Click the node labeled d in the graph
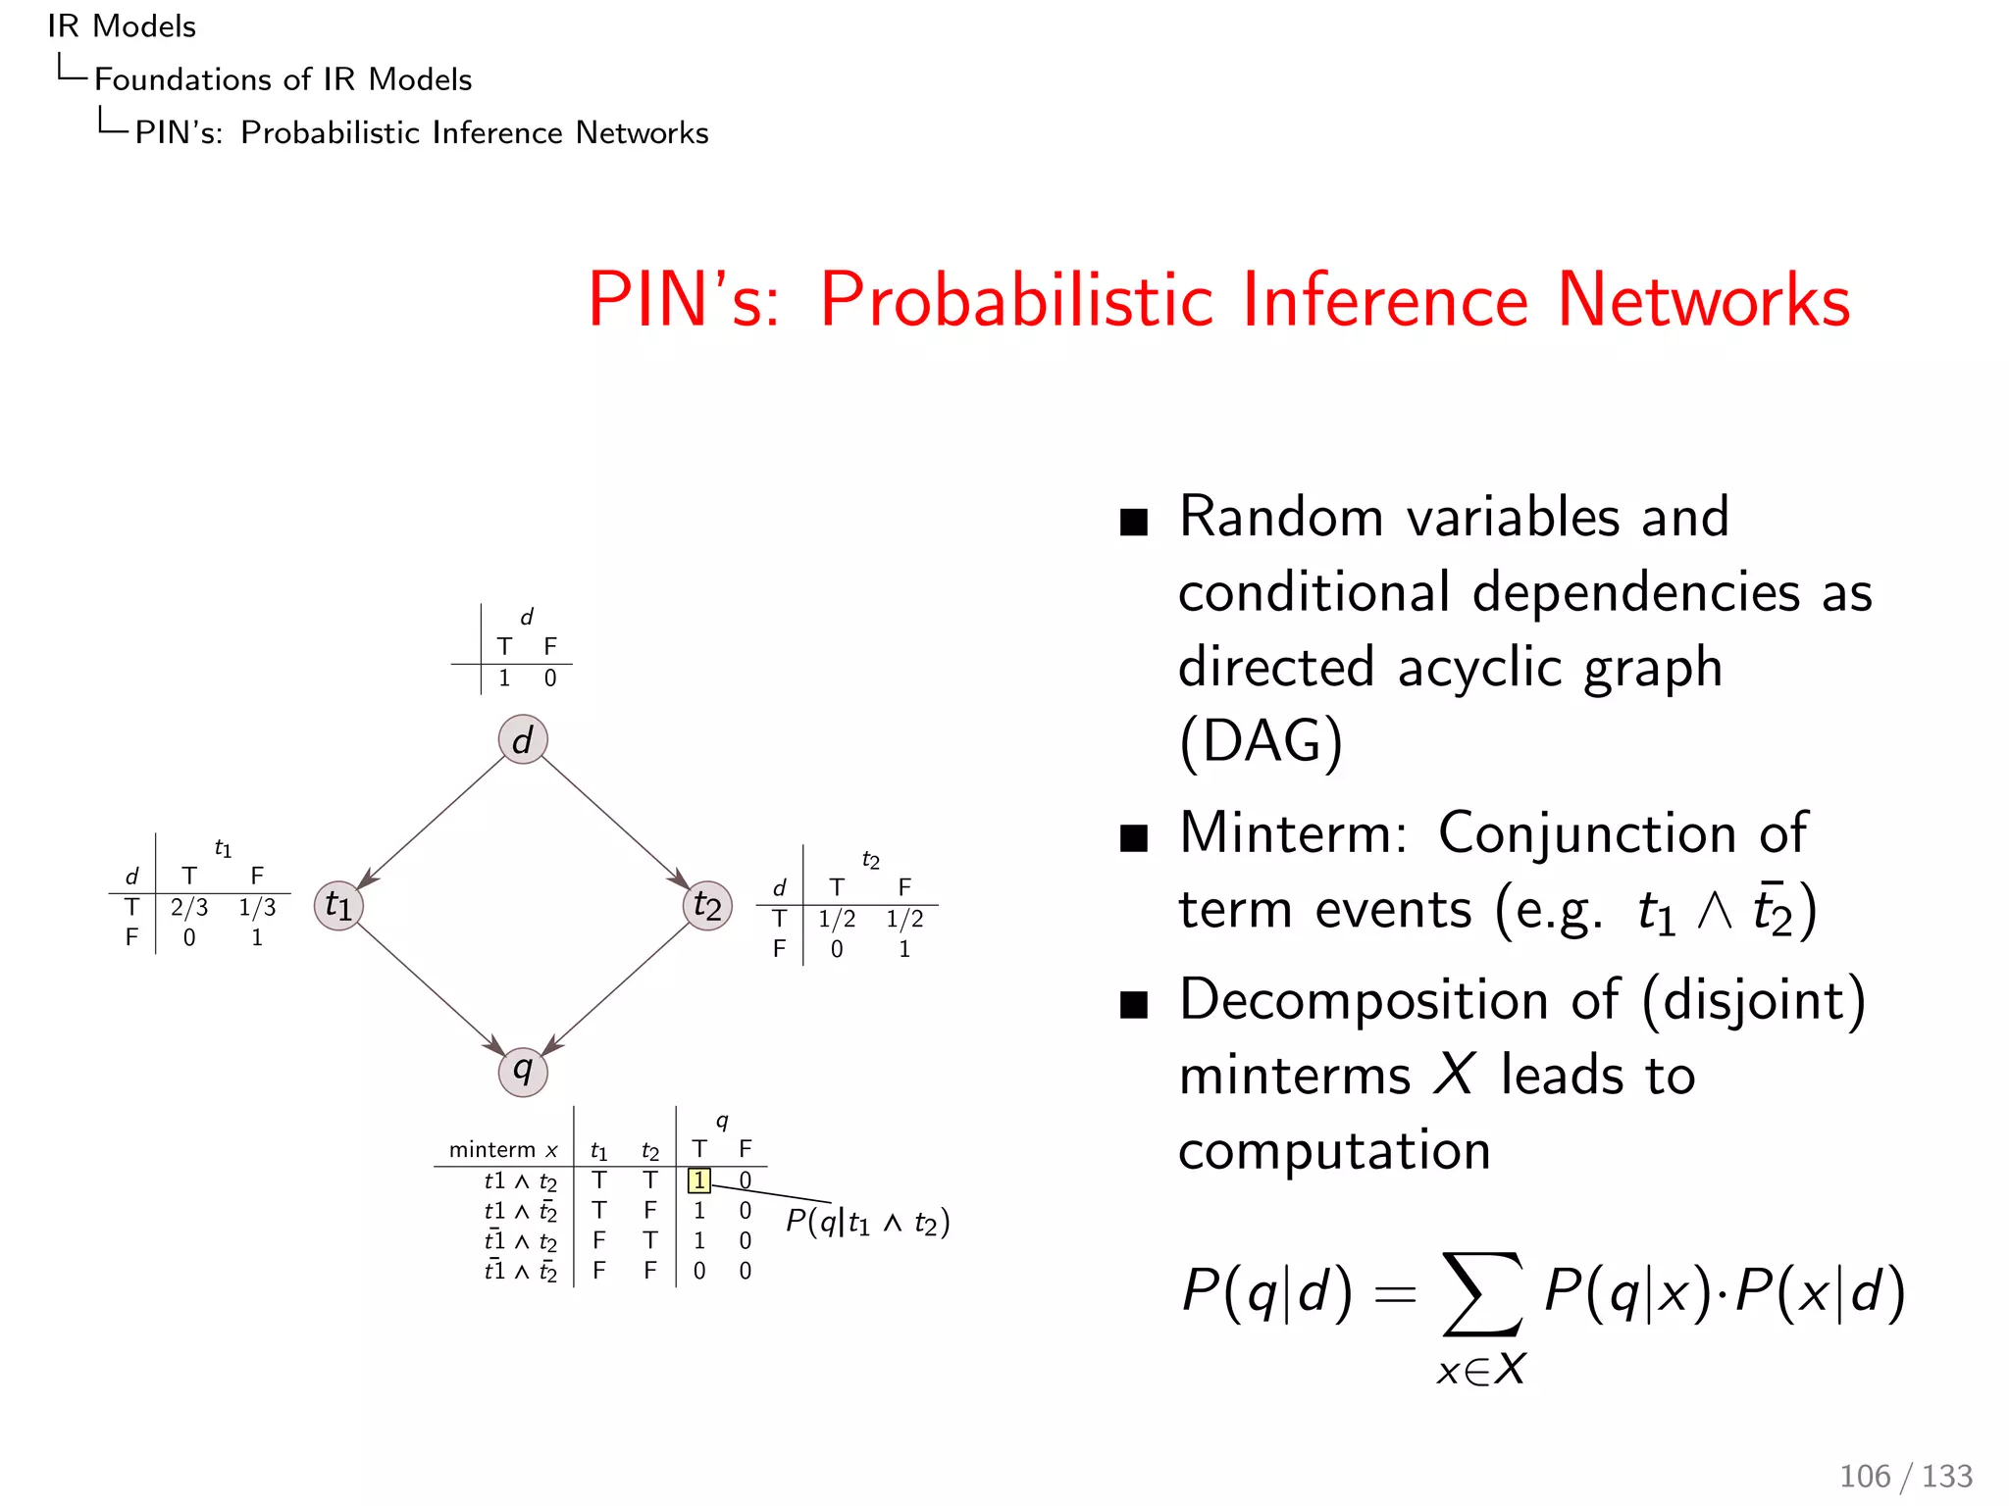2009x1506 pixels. pos(523,739)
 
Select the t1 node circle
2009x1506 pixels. pos(338,905)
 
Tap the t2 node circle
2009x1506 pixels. pos(707,905)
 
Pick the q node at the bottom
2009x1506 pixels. pos(523,1071)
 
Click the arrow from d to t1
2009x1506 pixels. pos(432,822)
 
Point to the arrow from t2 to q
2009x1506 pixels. pos(616,988)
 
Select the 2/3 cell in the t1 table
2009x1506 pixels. pos(189,908)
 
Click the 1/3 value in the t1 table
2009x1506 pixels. pos(257,908)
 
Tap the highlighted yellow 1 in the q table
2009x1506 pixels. pos(698,1180)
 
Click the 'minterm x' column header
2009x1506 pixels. pos(503,1149)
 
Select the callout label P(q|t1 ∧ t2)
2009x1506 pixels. pos(867,1223)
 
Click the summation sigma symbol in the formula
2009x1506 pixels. pos(1481,1294)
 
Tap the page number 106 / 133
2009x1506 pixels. pos(1905,1476)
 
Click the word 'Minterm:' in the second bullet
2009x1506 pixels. pos(1294,834)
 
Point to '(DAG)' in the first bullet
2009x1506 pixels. pos(1261,742)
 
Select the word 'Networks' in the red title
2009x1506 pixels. pos(1703,300)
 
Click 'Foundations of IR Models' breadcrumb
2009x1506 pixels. pos(283,79)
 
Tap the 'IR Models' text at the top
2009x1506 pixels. pos(122,26)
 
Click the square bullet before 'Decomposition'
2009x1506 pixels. pos(1133,1005)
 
